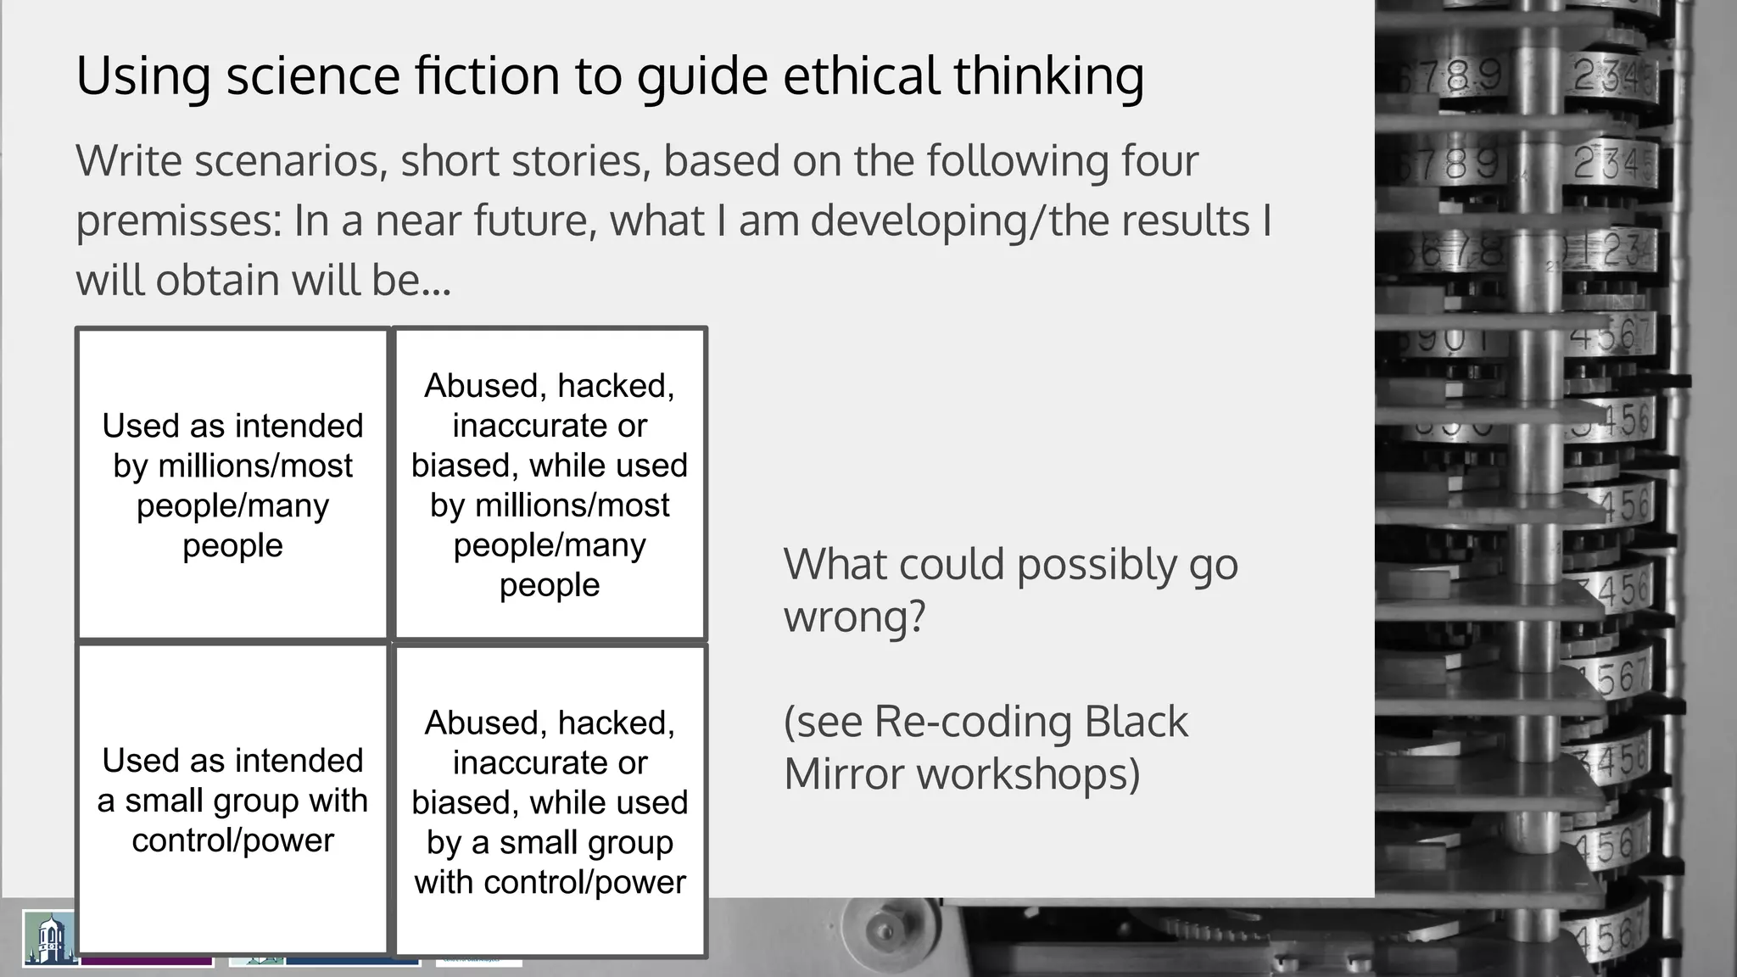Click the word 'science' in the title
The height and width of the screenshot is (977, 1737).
click(x=313, y=75)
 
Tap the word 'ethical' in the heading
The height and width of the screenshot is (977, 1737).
click(x=860, y=75)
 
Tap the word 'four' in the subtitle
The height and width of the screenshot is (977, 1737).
click(x=1159, y=161)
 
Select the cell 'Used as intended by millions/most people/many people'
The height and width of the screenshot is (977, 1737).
click(x=232, y=484)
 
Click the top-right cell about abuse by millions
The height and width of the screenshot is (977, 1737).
click(x=550, y=484)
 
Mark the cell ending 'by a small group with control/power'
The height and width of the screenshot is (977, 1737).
click(x=550, y=801)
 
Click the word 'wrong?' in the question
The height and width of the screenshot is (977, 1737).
click(x=853, y=617)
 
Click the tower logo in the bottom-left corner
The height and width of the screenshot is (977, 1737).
click(x=49, y=937)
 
